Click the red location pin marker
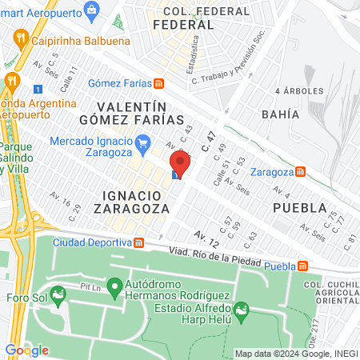[179, 165]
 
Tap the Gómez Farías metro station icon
[159, 83]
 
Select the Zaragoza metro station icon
[300, 171]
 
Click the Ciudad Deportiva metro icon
[138, 242]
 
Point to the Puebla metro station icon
[302, 266]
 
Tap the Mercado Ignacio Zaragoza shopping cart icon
[143, 145]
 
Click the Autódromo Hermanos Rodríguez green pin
[114, 285]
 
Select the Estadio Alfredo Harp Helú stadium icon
[240, 310]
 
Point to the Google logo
[26, 350]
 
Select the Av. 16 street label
[60, 202]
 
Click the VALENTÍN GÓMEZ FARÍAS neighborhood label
[131, 113]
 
